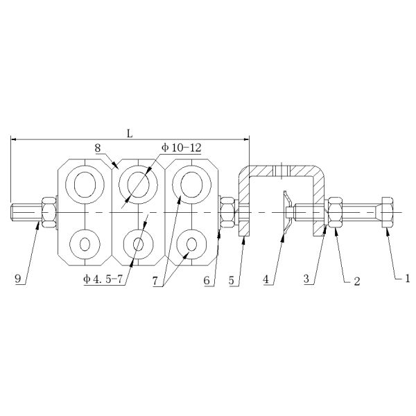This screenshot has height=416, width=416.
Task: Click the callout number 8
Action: click(x=98, y=148)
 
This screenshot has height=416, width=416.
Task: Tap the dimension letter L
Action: click(x=130, y=133)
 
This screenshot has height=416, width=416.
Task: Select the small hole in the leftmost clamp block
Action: click(x=86, y=244)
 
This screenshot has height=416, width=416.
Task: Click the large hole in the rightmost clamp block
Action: click(x=189, y=184)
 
